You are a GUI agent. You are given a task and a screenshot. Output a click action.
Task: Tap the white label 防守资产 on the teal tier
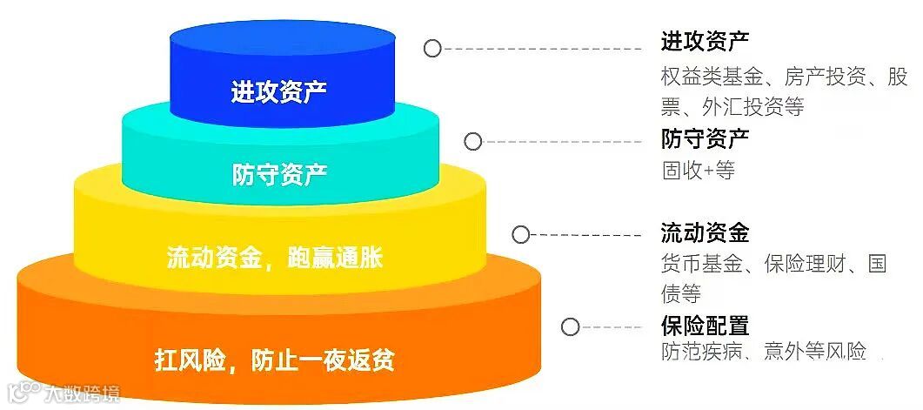tap(279, 174)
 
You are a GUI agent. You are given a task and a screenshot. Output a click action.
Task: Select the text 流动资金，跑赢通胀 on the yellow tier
tap(274, 259)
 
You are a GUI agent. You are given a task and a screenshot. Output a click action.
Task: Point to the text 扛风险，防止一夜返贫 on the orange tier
tap(280, 358)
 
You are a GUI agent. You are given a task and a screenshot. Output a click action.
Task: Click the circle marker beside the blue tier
tap(432, 49)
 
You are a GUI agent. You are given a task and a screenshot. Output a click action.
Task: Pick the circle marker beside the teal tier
tap(472, 142)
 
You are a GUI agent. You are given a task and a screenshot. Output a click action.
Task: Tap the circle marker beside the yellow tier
tap(521, 234)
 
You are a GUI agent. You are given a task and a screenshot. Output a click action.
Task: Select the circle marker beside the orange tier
tap(570, 327)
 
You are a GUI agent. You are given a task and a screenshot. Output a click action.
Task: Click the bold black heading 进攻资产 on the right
tap(705, 41)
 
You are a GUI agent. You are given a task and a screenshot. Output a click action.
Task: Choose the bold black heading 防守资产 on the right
tap(705, 138)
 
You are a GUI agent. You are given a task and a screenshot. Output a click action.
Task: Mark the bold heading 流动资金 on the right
tap(705, 233)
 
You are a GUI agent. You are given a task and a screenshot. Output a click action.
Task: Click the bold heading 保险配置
tap(705, 326)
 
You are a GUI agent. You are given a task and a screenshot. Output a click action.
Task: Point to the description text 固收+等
tap(698, 170)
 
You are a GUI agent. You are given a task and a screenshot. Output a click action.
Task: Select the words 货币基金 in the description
tap(696, 264)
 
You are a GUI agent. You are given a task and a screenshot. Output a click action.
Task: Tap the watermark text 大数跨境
tap(84, 394)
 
